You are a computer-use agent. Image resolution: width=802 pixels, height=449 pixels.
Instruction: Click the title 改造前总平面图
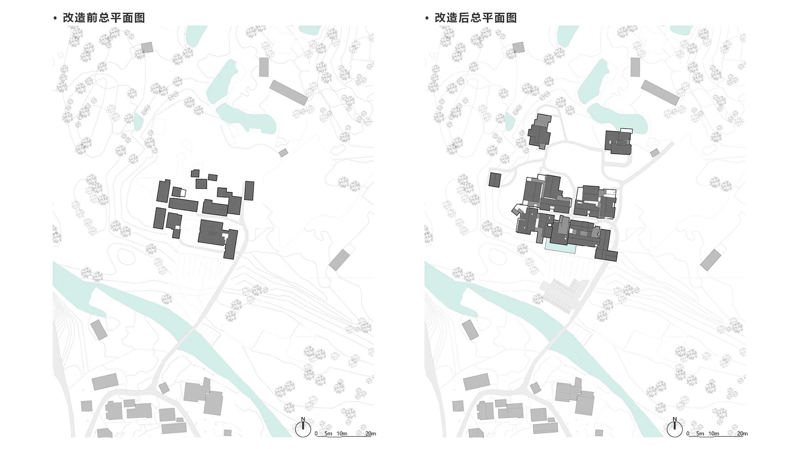coord(103,18)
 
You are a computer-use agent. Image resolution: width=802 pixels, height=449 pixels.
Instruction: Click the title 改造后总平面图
coord(475,18)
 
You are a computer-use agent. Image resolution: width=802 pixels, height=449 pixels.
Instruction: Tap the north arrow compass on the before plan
coord(303,429)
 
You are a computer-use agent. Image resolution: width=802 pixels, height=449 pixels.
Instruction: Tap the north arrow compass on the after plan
coord(675,429)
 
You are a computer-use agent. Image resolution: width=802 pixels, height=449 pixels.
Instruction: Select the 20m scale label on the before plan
coord(371,433)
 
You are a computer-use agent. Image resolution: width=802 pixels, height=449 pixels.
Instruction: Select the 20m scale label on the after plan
coord(742,433)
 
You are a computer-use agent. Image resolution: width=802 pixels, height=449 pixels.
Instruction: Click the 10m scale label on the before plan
coord(342,433)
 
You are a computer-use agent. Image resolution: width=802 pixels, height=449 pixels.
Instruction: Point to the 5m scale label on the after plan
coord(700,433)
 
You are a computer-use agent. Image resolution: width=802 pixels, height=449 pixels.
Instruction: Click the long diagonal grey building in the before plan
coord(289,93)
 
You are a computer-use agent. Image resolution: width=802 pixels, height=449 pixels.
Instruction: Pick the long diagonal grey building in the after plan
coord(660,93)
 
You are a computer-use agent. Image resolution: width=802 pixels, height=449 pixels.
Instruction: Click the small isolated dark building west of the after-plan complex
coord(495,180)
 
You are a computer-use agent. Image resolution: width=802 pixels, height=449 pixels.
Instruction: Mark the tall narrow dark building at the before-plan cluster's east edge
coord(249,191)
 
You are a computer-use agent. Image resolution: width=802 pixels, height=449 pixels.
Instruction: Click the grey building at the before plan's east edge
coord(340,260)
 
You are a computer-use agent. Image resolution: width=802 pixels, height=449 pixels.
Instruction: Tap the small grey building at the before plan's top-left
coord(147,47)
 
